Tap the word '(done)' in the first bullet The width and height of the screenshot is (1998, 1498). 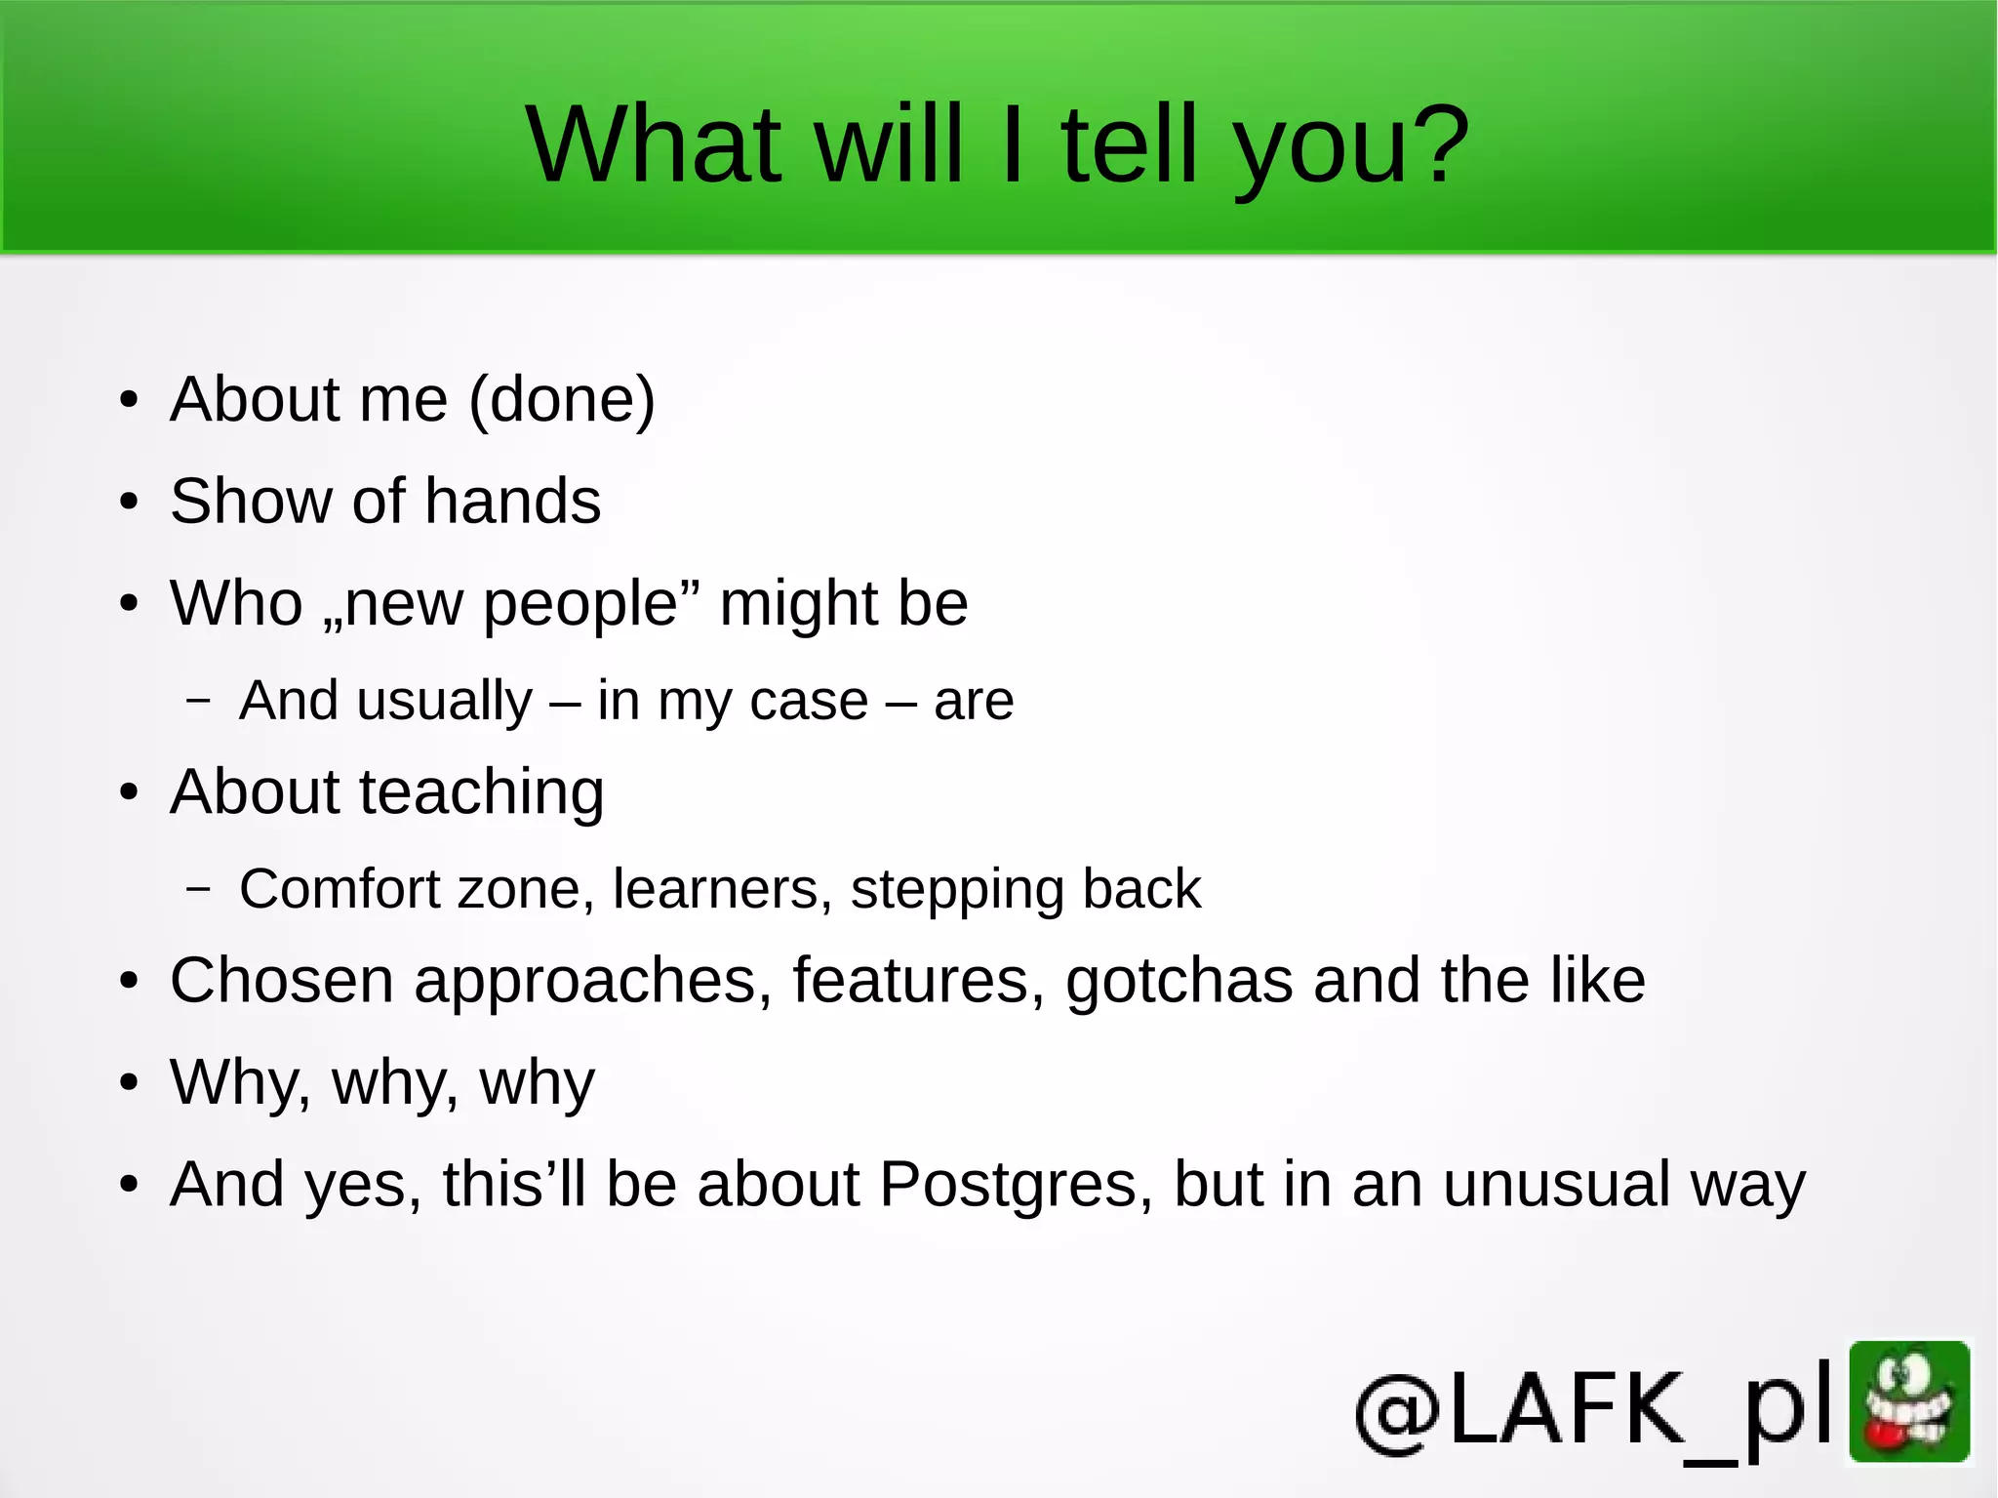[562, 400]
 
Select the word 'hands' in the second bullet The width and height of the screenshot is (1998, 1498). [512, 502]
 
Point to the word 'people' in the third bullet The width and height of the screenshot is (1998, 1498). [581, 604]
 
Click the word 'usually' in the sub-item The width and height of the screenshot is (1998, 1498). [445, 702]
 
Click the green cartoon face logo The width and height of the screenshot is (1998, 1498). [1909, 1402]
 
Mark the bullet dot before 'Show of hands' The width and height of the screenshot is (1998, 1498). [129, 503]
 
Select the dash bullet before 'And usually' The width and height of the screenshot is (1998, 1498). [198, 700]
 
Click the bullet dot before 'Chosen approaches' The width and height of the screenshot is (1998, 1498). [129, 982]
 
